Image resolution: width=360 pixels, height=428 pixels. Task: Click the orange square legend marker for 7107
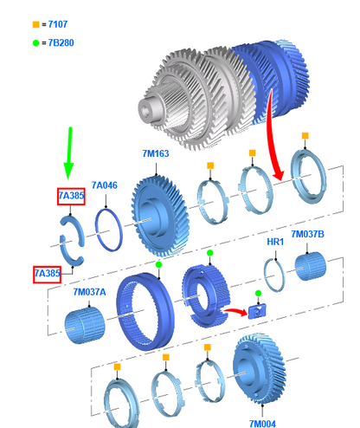35,24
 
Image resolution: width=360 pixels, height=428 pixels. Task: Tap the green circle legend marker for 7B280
35,43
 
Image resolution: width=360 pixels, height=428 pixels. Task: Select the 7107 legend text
58,24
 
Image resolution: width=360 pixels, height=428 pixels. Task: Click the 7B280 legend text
61,42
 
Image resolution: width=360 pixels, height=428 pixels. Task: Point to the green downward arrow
69,152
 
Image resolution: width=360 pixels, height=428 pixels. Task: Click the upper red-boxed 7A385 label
71,196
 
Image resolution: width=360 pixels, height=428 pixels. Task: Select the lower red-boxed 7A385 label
47,274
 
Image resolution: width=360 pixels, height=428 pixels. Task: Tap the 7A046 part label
105,185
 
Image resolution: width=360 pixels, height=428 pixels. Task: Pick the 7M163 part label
156,153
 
